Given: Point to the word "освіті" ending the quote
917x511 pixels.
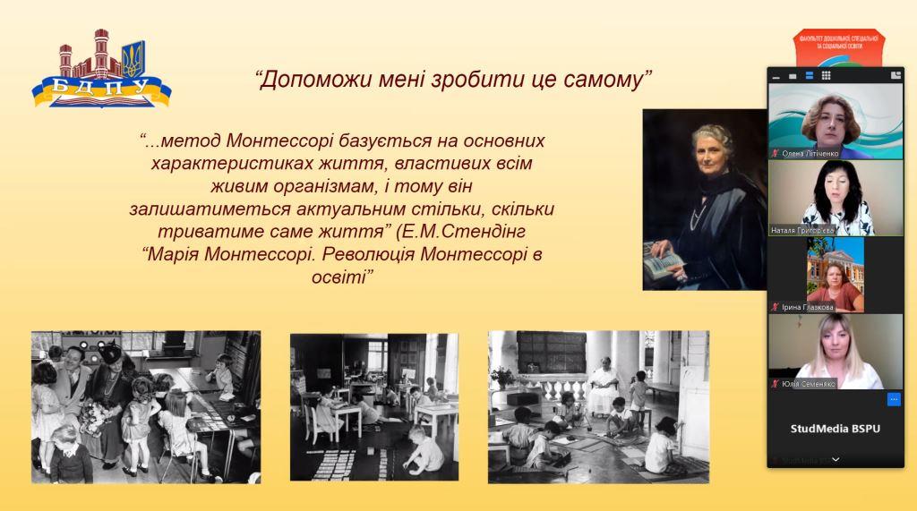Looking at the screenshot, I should [340, 277].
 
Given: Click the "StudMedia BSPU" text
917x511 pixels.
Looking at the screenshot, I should [835, 429].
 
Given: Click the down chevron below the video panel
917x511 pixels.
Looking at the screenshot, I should [836, 459].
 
